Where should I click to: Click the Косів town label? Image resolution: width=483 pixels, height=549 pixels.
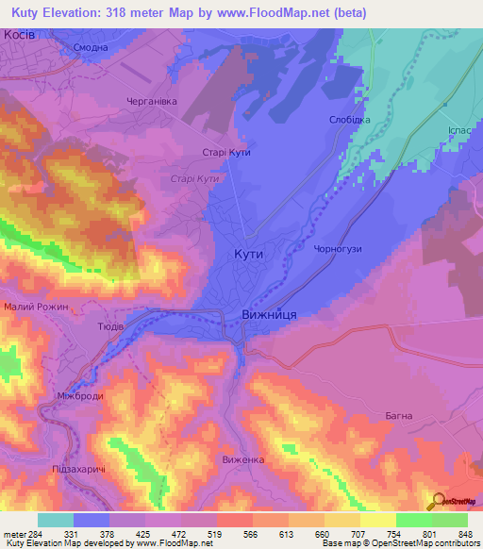point(20,34)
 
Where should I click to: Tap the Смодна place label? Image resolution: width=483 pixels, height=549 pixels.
point(90,46)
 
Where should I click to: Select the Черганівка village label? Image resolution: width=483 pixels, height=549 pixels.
point(152,102)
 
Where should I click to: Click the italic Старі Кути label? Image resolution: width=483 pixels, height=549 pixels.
point(194,179)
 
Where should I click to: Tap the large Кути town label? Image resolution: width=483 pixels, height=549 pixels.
point(248,254)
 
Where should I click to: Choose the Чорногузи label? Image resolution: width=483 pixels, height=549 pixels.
point(337,249)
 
